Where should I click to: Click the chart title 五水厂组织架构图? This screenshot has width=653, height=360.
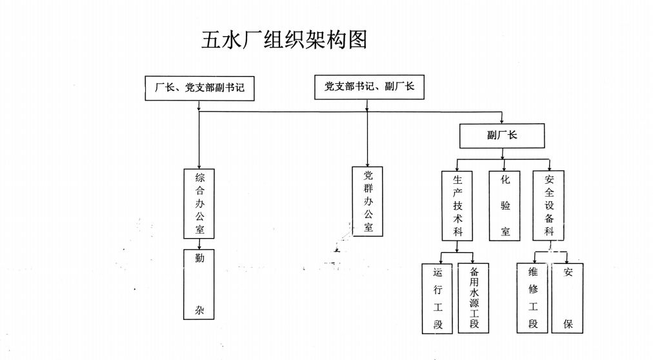tap(285, 39)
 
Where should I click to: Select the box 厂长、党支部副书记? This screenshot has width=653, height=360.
tap(199, 88)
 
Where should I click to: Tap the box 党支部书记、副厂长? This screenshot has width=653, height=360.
tap(369, 86)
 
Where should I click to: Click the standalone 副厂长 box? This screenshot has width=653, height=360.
tap(502, 135)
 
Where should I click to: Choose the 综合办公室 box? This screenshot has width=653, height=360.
tap(199, 203)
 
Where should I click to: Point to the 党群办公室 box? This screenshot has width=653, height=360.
tap(368, 201)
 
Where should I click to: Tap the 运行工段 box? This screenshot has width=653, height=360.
tap(438, 298)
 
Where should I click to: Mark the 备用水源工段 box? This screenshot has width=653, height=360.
tap(474, 298)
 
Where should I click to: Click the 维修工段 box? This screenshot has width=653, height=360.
tap(533, 298)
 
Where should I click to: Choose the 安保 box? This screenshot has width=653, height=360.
tap(568, 298)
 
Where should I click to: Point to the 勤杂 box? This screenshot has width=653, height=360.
tap(199, 285)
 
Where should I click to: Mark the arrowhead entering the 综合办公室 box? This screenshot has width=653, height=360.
tap(199, 166)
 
